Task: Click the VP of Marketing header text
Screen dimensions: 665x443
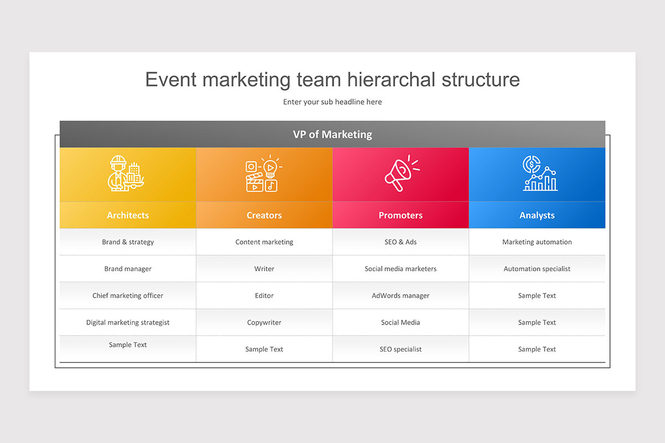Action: (332, 135)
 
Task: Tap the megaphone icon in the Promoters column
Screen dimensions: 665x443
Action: (402, 173)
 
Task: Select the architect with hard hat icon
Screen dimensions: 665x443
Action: (126, 173)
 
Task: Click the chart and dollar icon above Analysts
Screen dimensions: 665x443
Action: (540, 173)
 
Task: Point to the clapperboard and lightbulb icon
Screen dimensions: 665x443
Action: (264, 173)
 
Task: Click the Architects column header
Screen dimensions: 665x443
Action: (127, 215)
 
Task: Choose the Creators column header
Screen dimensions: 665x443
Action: (264, 215)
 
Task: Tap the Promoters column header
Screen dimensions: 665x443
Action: (401, 215)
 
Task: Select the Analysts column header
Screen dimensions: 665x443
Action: (537, 215)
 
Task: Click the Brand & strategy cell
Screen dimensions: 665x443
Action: (128, 242)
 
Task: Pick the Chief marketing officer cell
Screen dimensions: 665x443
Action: (127, 296)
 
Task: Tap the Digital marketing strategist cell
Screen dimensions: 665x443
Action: (127, 322)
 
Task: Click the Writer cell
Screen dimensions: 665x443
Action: (264, 269)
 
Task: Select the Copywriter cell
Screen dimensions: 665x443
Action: (264, 322)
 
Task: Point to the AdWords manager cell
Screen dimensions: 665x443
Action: (401, 296)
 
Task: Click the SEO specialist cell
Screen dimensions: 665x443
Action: (401, 349)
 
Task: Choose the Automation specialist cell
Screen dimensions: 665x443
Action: (537, 269)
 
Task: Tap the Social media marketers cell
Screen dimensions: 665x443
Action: (401, 269)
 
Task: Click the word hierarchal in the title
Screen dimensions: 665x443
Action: (391, 80)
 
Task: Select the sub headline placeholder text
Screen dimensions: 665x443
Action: (332, 102)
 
